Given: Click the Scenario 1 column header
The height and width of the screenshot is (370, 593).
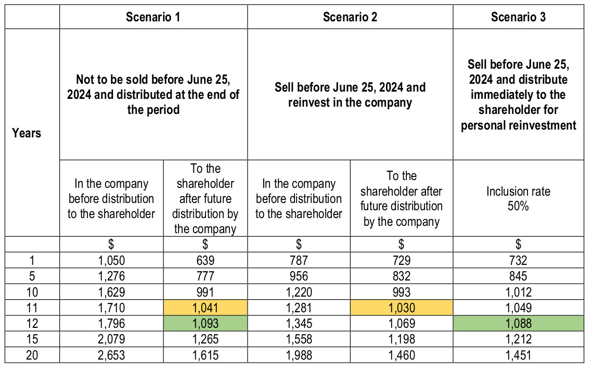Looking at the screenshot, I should [x=153, y=17].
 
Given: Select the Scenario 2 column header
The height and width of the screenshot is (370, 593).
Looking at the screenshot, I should [x=350, y=17].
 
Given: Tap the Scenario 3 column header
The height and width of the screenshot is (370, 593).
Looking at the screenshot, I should [x=518, y=17].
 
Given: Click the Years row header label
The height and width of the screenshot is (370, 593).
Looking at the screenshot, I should [x=27, y=133].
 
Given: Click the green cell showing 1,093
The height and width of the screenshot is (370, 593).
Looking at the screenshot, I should [x=205, y=324].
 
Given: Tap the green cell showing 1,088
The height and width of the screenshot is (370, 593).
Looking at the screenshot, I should [x=518, y=324].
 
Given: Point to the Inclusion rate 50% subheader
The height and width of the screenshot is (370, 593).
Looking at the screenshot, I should [x=518, y=199].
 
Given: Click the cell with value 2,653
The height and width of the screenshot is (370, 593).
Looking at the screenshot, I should [x=111, y=355].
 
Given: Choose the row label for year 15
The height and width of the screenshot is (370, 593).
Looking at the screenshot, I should [x=32, y=339].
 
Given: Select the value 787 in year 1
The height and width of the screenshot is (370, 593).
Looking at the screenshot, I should [x=299, y=261].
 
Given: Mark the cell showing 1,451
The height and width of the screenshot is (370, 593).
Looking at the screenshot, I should [x=518, y=355].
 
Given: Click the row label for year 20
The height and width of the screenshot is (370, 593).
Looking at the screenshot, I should [x=32, y=355].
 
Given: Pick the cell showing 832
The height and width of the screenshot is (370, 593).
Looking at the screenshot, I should [x=401, y=277].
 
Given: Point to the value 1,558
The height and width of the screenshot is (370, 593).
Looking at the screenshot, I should [x=299, y=339].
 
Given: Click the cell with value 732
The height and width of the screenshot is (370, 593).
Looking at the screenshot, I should [x=518, y=261].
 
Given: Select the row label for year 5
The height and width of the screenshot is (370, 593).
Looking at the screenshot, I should [x=32, y=277].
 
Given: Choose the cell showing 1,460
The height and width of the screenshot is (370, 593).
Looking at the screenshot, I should [x=401, y=355].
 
